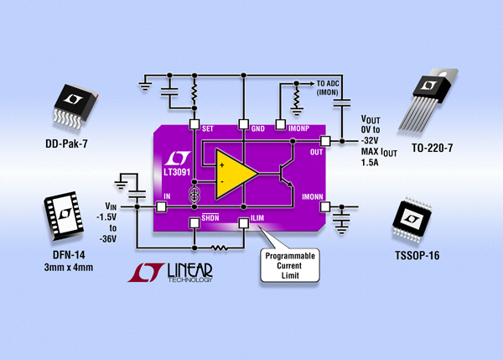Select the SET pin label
pyautogui.click(x=210, y=127)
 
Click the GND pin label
pyautogui.click(x=258, y=127)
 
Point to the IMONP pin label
pyautogui.click(x=298, y=127)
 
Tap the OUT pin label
pyautogui.click(x=317, y=152)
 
